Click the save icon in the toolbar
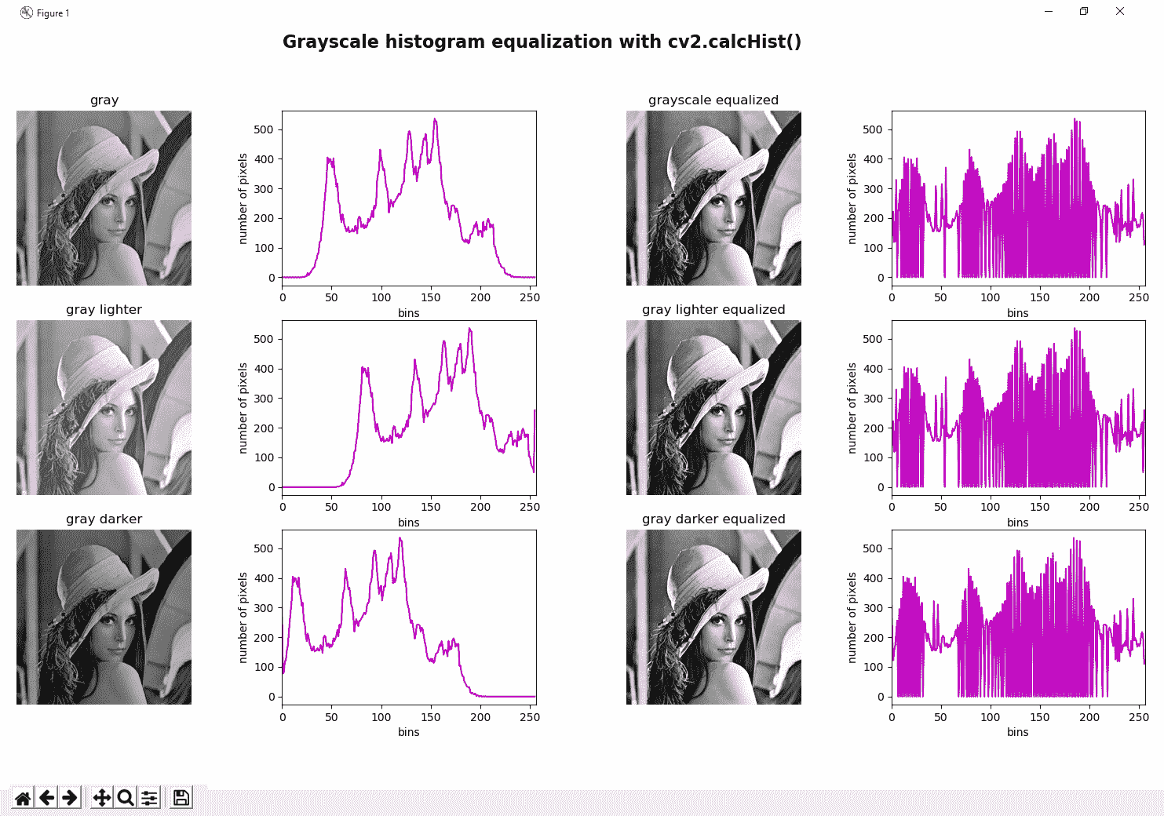pyautogui.click(x=181, y=798)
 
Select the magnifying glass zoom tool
pyautogui.click(x=125, y=798)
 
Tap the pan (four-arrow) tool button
pyautogui.click(x=102, y=798)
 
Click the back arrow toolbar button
pyautogui.click(x=47, y=798)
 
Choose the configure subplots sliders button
pyautogui.click(x=148, y=798)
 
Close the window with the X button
pyautogui.click(x=1120, y=12)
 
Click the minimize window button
pyautogui.click(x=1049, y=12)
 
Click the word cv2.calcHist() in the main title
pyautogui.click(x=735, y=42)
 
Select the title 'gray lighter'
pyautogui.click(x=104, y=310)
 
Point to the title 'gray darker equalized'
pyautogui.click(x=713, y=519)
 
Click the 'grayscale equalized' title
pyautogui.click(x=713, y=100)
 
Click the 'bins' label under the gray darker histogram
pyautogui.click(x=408, y=732)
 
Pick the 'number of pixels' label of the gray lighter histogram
pyautogui.click(x=243, y=408)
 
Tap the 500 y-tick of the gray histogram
pyautogui.click(x=264, y=129)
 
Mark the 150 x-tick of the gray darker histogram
pyautogui.click(x=431, y=716)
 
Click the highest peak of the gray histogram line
pyautogui.click(x=435, y=120)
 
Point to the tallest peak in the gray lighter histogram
pyautogui.click(x=469, y=330)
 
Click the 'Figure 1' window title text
pyautogui.click(x=53, y=13)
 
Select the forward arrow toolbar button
pyautogui.click(x=70, y=798)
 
